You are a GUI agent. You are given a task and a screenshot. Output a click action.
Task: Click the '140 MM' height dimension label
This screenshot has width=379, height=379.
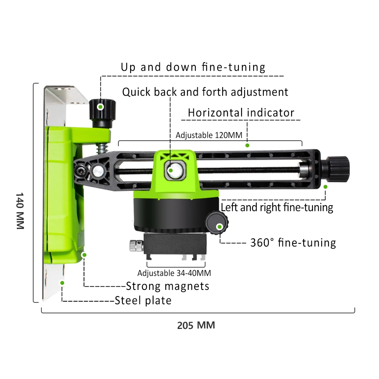(20, 211)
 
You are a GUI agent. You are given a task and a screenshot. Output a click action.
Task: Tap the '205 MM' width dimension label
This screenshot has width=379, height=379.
(196, 325)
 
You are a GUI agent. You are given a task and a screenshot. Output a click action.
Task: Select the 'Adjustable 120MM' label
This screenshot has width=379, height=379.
(209, 135)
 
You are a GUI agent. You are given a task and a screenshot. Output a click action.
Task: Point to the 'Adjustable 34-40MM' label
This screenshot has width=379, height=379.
(174, 273)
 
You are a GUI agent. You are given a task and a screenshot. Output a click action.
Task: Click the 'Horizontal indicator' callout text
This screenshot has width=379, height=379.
(241, 113)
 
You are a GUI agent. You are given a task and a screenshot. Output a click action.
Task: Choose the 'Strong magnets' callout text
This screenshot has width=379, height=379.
(168, 286)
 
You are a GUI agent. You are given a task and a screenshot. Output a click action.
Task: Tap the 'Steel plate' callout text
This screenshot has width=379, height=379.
(143, 301)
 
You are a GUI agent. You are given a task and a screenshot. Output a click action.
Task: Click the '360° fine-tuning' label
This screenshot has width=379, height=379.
(293, 243)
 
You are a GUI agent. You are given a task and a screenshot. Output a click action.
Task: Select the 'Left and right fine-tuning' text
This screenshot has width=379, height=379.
(277, 207)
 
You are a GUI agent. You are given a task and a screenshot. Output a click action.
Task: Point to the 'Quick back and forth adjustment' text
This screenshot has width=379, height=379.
(205, 92)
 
